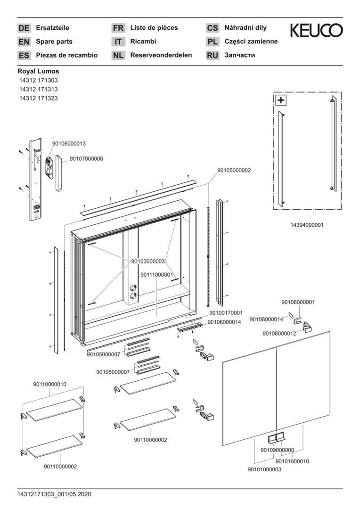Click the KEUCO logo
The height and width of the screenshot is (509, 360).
pyautogui.click(x=316, y=31)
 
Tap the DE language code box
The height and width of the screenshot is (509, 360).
pyautogui.click(x=24, y=28)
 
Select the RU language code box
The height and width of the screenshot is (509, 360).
pyautogui.click(x=213, y=56)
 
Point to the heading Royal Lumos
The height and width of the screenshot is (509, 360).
pyautogui.click(x=38, y=72)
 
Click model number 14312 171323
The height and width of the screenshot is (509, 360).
pyautogui.click(x=38, y=98)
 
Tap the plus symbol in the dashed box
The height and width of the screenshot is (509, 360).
pyautogui.click(x=281, y=100)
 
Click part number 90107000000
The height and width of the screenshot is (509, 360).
pyautogui.click(x=86, y=159)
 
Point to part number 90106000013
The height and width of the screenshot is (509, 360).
pyautogui.click(x=69, y=143)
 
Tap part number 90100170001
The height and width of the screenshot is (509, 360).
pyautogui.click(x=226, y=312)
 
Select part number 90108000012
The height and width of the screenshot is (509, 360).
pyautogui.click(x=279, y=333)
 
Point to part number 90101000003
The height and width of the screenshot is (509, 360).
pyautogui.click(x=264, y=469)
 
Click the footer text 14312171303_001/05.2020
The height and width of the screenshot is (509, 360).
pyautogui.click(x=54, y=494)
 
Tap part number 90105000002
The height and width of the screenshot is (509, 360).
pyautogui.click(x=234, y=171)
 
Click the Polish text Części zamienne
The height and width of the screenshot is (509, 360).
pyautogui.click(x=251, y=41)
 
